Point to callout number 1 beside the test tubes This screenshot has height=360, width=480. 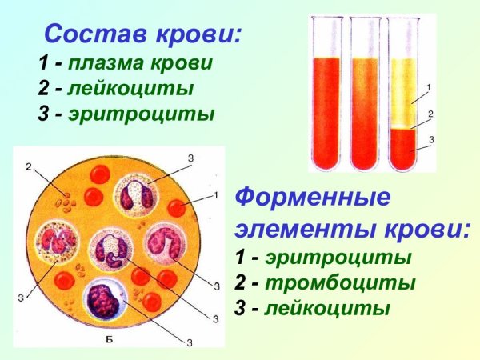430,86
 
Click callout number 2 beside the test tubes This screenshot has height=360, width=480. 430,114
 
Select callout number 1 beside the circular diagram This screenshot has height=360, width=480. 215,195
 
